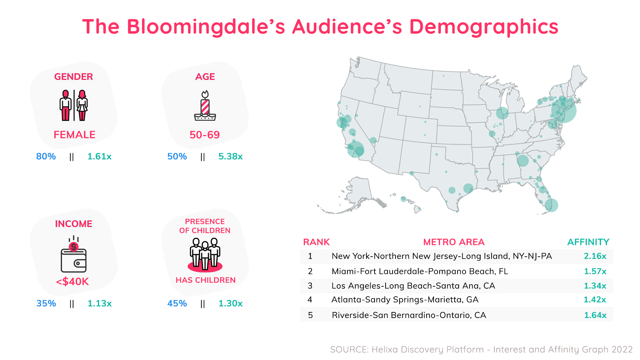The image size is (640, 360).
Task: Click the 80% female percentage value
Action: tap(46, 156)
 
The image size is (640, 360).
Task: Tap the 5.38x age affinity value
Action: tap(230, 156)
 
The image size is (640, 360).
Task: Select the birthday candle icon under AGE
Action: tap(205, 106)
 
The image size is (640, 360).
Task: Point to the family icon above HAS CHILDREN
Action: tap(205, 254)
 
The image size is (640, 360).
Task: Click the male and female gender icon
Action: tap(74, 105)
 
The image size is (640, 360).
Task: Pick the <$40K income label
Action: tap(73, 282)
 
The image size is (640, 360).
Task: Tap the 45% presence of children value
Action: tap(177, 303)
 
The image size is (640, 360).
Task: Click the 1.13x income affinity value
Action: tap(99, 303)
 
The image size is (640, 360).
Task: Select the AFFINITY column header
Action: tap(588, 242)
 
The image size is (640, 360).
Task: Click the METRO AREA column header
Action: tap(454, 242)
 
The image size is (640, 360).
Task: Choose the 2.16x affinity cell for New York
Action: tap(595, 256)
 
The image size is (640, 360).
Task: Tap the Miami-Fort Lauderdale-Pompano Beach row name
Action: tap(420, 271)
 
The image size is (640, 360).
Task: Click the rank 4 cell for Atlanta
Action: tap(310, 300)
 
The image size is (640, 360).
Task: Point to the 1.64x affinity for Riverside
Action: tap(595, 315)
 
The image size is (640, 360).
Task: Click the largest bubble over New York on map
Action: tap(564, 111)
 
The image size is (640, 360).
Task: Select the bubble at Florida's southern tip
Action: tap(551, 205)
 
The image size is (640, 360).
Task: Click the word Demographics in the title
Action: tap(484, 27)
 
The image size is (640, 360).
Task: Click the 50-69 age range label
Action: tap(205, 135)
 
